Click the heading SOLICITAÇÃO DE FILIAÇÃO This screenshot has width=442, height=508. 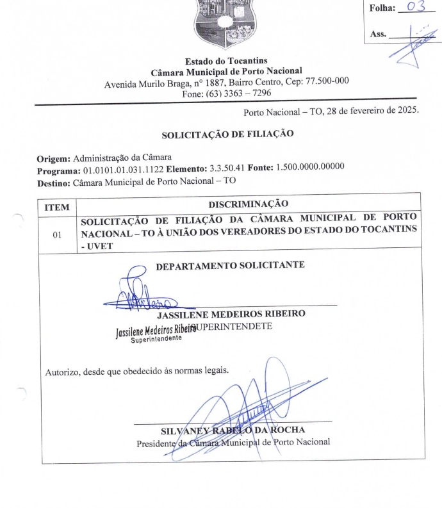pyautogui.click(x=227, y=135)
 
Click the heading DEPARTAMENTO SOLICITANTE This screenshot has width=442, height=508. pyautogui.click(x=231, y=265)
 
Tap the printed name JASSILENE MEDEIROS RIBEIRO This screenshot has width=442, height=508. pyautogui.click(x=231, y=314)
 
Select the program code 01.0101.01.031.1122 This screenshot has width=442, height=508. pyautogui.click(x=123, y=169)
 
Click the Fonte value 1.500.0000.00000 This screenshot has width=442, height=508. pyautogui.click(x=310, y=167)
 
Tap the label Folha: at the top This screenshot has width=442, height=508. pyautogui.click(x=383, y=8)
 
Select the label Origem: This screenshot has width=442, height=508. pyautogui.click(x=54, y=158)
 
